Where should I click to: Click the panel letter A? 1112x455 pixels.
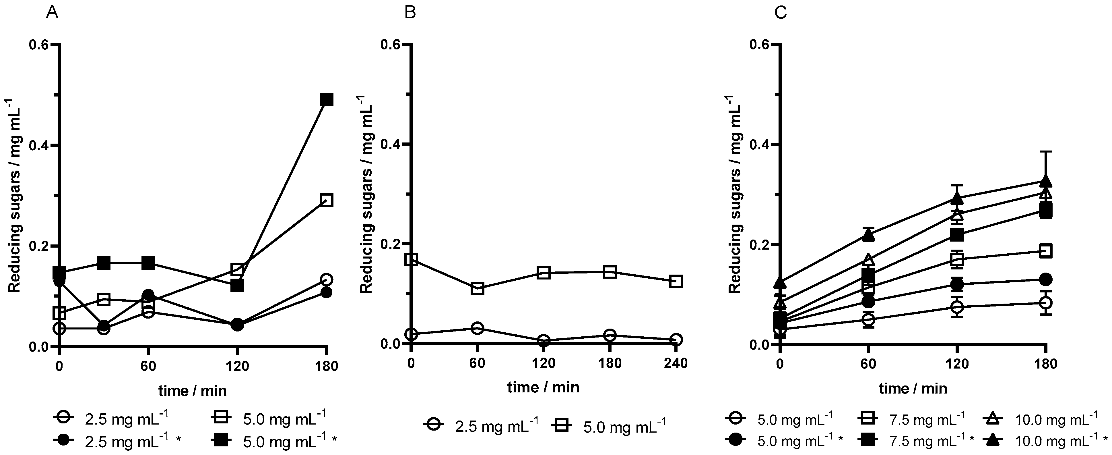click(52, 13)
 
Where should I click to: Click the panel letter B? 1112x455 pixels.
click(410, 13)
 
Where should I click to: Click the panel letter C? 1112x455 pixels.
click(781, 13)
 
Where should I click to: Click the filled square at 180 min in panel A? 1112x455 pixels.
click(326, 100)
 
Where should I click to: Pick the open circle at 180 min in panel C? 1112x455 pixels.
click(1045, 302)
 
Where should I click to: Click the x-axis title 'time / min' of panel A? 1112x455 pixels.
click(193, 391)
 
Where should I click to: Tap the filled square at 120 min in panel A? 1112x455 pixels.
click(237, 286)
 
